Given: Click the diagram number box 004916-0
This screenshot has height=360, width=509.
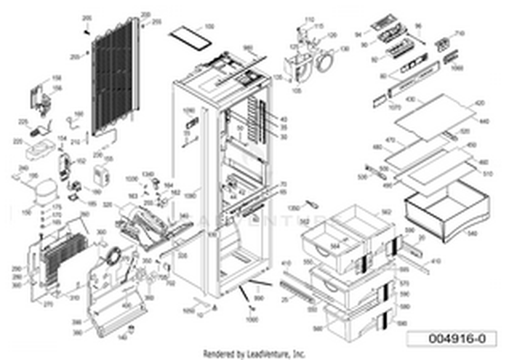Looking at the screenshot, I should pyautogui.click(x=453, y=339).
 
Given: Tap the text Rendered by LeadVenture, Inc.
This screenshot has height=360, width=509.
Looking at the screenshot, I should pyautogui.click(x=254, y=355).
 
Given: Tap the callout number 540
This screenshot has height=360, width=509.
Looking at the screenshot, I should pyautogui.click(x=473, y=234).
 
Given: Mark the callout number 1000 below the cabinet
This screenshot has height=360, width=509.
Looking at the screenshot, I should pyautogui.click(x=252, y=320).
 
